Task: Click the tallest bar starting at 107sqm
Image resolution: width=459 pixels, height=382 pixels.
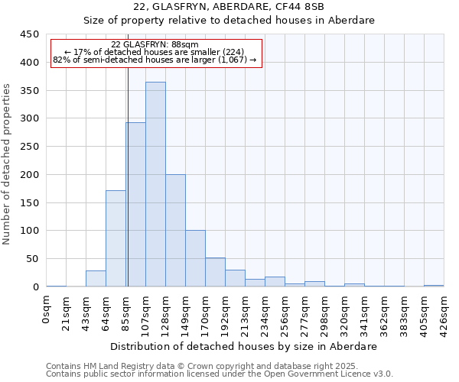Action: pos(155,184)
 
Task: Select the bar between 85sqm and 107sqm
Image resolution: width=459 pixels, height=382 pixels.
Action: pos(135,205)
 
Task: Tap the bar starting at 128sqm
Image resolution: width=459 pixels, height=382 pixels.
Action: pos(175,230)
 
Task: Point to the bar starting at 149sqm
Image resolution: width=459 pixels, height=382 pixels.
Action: pos(195,258)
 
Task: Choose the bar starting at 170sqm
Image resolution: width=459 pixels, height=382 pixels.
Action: pos(215,272)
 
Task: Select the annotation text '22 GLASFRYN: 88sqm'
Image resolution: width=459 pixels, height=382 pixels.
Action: pos(155,45)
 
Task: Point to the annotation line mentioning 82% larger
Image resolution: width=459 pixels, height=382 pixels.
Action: pos(155,60)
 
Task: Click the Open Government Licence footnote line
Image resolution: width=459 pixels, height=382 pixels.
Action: pos(220,374)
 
